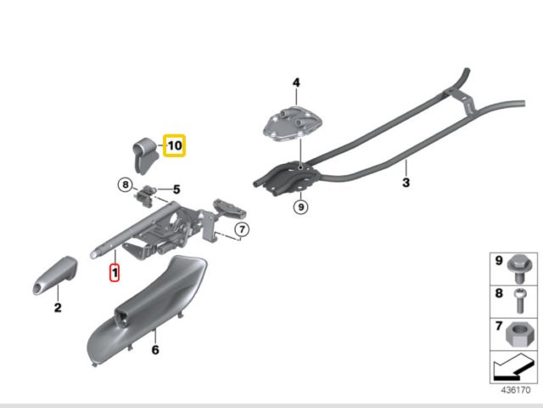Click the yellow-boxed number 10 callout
pyautogui.click(x=175, y=145)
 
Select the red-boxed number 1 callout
pyautogui.click(x=115, y=272)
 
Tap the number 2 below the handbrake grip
pyautogui.click(x=58, y=308)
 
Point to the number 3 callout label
pyautogui.click(x=406, y=183)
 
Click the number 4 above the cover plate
pyautogui.click(x=296, y=82)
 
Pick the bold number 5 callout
pyautogui.click(x=176, y=190)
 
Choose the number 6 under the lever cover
pyautogui.click(x=155, y=349)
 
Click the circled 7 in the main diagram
pyautogui.click(x=242, y=229)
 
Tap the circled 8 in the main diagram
pyautogui.click(x=126, y=184)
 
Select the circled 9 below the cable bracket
pyautogui.click(x=300, y=207)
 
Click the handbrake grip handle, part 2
pyautogui.click(x=55, y=275)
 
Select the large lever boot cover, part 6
pyautogui.click(x=147, y=309)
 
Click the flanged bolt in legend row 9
pyautogui.click(x=520, y=270)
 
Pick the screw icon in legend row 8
pyautogui.click(x=520, y=300)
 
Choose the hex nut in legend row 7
pyautogui.click(x=519, y=335)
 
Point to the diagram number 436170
pyautogui.click(x=516, y=390)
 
